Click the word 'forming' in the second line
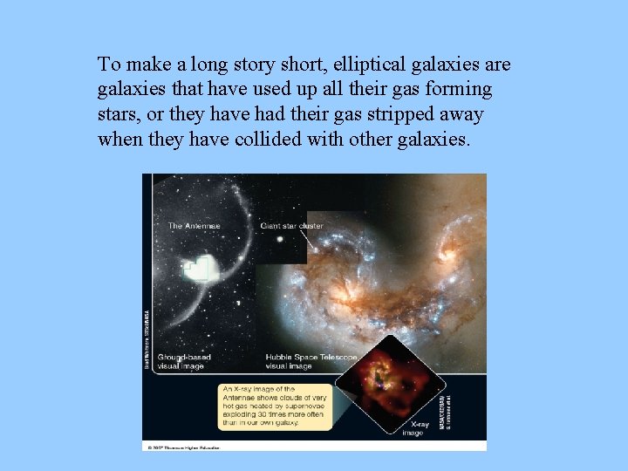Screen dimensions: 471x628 click(459, 90)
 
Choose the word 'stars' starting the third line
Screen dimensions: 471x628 click(119, 115)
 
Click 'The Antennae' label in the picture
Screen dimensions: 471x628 click(195, 227)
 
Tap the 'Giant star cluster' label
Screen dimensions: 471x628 click(291, 227)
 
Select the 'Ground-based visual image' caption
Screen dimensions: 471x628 click(185, 362)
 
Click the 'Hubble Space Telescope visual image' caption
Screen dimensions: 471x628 click(311, 362)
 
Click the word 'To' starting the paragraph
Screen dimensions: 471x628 click(108, 65)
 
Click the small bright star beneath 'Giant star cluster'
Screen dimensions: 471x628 click(280, 238)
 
